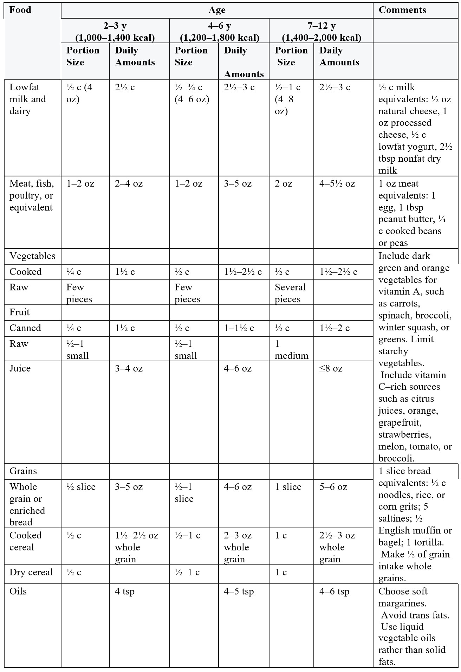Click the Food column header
(x=20, y=10)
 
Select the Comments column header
(x=402, y=10)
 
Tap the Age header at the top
(x=217, y=10)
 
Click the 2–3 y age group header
(x=115, y=31)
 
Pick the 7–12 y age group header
(x=322, y=31)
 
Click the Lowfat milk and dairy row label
(x=28, y=99)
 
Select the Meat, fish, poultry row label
(x=32, y=195)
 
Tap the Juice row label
(x=20, y=368)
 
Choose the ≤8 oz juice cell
(x=331, y=368)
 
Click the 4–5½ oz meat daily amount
(x=337, y=183)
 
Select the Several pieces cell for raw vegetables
(x=290, y=293)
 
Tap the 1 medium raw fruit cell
(x=291, y=349)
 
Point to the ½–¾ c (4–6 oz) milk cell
(x=192, y=93)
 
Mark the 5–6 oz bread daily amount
(x=333, y=486)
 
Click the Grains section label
(x=23, y=471)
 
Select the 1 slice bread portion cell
(x=288, y=486)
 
